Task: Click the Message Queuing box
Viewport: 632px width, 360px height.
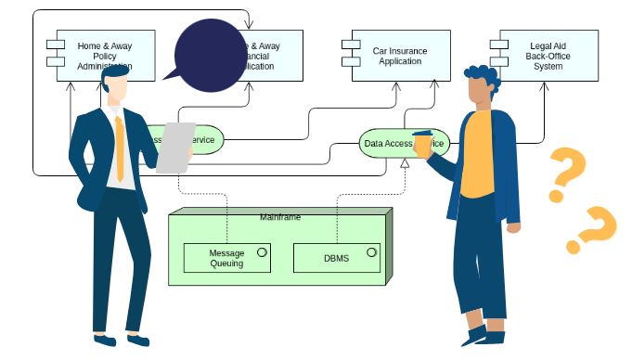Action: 226,258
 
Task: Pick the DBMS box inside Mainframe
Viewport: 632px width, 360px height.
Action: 336,258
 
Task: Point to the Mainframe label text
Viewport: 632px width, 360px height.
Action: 279,216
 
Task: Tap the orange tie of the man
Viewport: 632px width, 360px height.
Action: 120,148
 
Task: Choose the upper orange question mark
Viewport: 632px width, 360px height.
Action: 567,174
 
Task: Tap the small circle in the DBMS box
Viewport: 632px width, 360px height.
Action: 371,251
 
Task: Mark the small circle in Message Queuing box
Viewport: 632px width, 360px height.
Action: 262,251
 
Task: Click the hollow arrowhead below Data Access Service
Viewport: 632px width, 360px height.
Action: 404,163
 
